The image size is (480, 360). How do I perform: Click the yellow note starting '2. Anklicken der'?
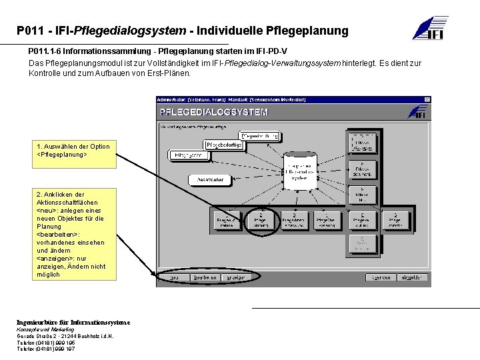pyautogui.click(x=70, y=234)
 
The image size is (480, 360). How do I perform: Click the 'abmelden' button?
pyautogui.click(x=410, y=277)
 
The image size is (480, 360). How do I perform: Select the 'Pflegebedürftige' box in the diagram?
pyautogui.click(x=223, y=145)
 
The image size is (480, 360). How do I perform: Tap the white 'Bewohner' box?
pyautogui.click(x=211, y=180)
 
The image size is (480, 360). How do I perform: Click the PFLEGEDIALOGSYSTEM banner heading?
pyautogui.click(x=213, y=112)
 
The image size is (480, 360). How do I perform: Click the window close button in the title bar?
pyautogui.click(x=427, y=100)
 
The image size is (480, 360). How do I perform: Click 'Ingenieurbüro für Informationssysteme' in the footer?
pyautogui.click(x=73, y=322)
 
